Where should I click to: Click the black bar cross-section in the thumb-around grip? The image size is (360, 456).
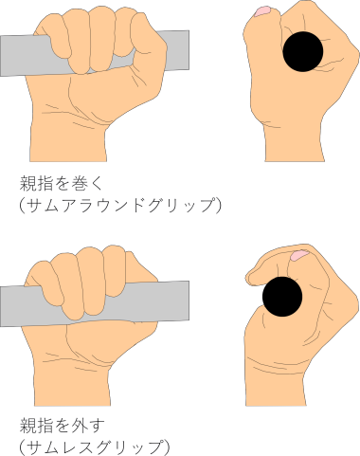tap(303, 51)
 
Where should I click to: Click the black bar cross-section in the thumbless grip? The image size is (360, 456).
tap(282, 297)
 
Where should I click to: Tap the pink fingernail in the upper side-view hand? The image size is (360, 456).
tap(262, 11)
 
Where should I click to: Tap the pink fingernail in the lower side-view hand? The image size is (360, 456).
tap(299, 255)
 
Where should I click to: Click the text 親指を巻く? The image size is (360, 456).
tap(62, 183)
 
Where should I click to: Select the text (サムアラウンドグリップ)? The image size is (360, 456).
tap(120, 205)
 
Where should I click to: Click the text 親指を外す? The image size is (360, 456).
tap(62, 425)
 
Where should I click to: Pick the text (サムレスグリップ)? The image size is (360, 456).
tap(95, 447)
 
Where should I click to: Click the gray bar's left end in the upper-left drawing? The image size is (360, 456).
tap(1, 56)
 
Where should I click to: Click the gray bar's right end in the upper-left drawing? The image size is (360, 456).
tap(189, 50)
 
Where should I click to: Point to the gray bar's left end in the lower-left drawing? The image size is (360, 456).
tap(1, 306)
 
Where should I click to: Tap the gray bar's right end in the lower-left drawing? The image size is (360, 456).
tap(189, 300)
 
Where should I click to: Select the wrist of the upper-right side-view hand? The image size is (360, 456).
tap(295, 144)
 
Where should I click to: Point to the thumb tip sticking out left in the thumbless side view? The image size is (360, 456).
tap(253, 278)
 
